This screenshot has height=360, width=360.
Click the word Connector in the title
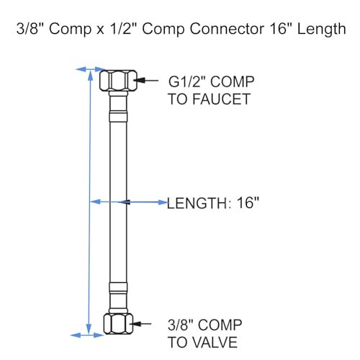227,29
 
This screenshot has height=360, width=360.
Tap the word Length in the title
321,30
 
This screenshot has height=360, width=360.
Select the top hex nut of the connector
118,80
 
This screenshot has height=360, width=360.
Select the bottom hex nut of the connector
118,323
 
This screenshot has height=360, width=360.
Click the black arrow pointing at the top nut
148,80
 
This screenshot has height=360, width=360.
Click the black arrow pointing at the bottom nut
142,324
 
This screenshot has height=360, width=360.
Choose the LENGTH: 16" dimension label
213,203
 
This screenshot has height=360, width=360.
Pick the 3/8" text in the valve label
181,325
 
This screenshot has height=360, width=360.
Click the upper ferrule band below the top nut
118,116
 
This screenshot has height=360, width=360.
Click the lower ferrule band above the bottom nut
118,287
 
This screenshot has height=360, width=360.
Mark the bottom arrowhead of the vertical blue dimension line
89,329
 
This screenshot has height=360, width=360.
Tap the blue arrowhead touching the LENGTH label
163,202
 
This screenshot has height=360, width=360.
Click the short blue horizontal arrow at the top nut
89,69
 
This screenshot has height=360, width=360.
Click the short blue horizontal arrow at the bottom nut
87,335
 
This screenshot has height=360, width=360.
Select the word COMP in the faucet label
232,81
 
